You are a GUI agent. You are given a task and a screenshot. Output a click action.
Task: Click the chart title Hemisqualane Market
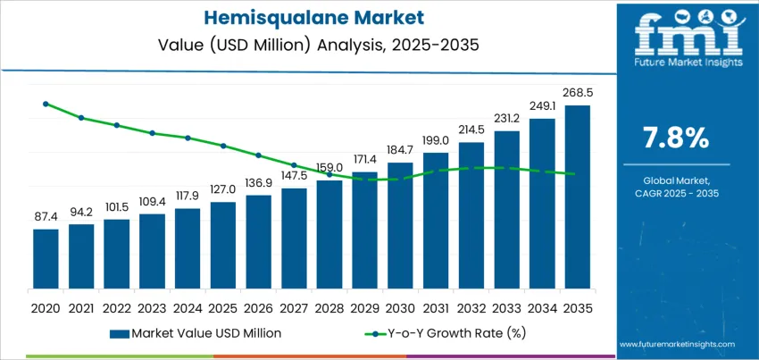pos(308,18)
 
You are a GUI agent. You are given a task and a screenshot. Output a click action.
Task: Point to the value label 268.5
pos(577,92)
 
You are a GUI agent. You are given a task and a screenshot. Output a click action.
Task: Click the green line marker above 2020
pos(46,104)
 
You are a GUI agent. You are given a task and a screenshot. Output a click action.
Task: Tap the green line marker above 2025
pos(223,146)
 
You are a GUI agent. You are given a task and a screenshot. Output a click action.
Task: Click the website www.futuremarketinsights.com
pos(675,344)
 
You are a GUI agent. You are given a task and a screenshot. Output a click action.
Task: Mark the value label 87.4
pos(46,216)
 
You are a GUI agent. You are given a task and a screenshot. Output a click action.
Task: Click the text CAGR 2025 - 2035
pos(675,193)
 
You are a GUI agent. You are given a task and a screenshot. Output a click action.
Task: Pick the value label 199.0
pos(435,140)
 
